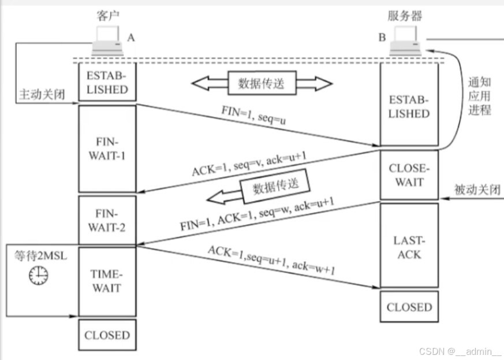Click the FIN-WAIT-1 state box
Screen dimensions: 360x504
[x=107, y=148]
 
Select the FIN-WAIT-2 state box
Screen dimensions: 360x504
[x=107, y=221]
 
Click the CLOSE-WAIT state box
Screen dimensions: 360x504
[x=409, y=176]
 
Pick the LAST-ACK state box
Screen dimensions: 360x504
[x=409, y=247]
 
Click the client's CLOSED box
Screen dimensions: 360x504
[x=107, y=335]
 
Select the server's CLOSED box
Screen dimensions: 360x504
[x=409, y=307]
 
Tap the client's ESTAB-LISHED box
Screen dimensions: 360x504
[x=107, y=83]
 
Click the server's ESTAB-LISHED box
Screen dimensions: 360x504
[x=409, y=106]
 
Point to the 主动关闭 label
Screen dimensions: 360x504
[x=42, y=94]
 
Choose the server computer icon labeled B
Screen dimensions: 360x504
[x=408, y=44]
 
